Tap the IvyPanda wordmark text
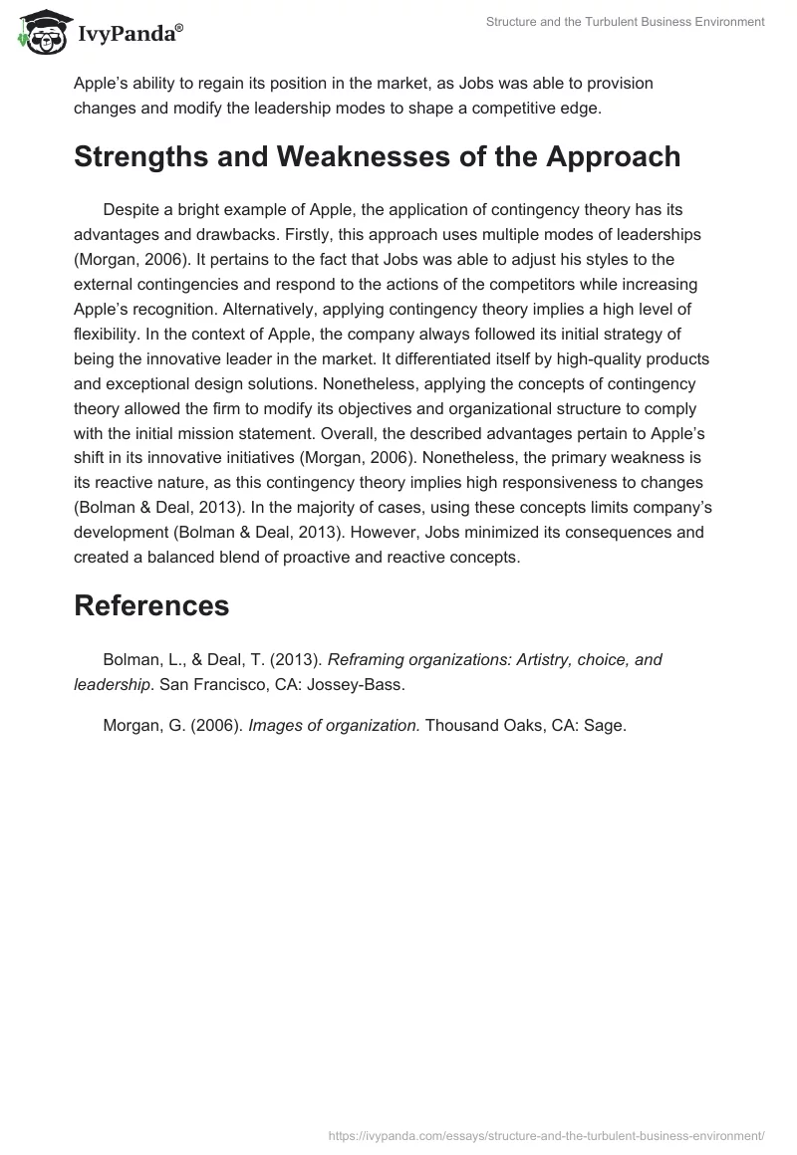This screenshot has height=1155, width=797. pos(129,37)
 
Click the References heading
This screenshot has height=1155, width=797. pos(151,605)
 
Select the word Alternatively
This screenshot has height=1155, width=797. pos(304,310)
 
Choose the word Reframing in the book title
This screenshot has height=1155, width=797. pos(369,659)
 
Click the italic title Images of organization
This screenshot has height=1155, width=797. pos(334,725)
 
